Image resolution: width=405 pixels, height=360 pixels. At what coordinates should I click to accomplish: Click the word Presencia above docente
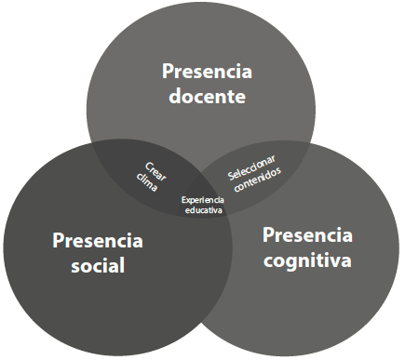click(x=207, y=71)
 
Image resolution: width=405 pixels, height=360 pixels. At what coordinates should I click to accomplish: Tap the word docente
click(x=207, y=96)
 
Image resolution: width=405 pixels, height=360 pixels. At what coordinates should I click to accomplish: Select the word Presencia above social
click(x=98, y=241)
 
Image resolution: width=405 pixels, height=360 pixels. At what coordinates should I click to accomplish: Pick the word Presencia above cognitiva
click(x=307, y=234)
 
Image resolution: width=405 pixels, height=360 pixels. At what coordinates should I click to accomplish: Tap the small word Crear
click(x=156, y=168)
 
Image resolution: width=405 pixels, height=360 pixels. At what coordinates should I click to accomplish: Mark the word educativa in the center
click(x=203, y=210)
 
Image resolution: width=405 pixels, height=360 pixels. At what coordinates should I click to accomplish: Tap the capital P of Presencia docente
click(x=168, y=71)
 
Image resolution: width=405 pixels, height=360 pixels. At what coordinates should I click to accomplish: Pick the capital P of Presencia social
click(x=58, y=241)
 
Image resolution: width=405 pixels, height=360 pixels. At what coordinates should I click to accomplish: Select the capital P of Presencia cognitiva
click(x=268, y=234)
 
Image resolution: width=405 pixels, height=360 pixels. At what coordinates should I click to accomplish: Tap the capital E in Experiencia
click(x=184, y=199)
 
